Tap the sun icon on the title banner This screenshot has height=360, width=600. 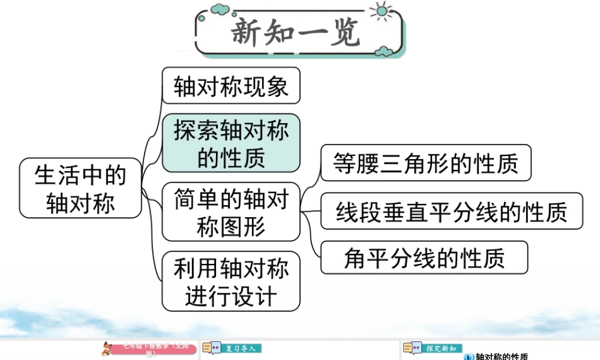(380, 11)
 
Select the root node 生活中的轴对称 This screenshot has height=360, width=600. (80, 188)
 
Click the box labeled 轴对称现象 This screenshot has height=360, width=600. (231, 85)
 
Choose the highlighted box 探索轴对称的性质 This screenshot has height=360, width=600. (231, 143)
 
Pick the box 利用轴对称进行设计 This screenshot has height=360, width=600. (231, 280)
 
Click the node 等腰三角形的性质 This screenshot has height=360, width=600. (425, 163)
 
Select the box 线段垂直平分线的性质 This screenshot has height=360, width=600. (451, 211)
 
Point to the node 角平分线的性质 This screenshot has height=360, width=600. (424, 257)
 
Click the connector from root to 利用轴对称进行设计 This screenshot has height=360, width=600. (152, 252)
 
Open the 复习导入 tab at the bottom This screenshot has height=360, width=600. (240, 348)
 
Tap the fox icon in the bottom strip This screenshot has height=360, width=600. (107, 349)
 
